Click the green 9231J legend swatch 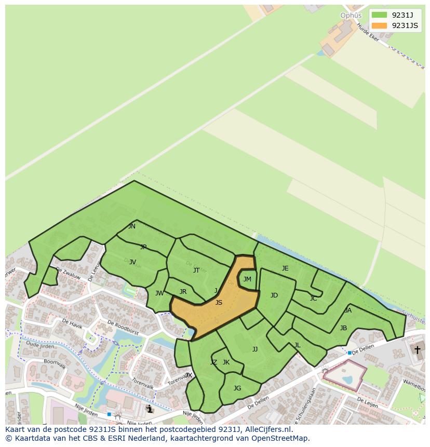379,15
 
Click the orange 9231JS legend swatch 379,25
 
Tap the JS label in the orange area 219,303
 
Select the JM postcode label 247,279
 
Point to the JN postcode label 132,226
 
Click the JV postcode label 132,262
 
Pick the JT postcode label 196,270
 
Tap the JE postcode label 285,268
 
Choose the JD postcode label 274,295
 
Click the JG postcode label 237,388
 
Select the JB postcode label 343,328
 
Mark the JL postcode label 297,345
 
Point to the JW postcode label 159,293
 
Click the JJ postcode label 255,349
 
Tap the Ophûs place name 351,16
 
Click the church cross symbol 417,350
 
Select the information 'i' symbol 150,409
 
